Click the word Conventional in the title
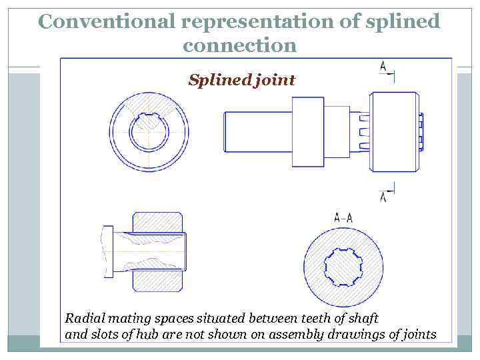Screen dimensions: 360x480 (107, 22)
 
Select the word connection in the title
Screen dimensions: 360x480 (239, 45)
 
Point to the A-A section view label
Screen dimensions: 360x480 (343, 217)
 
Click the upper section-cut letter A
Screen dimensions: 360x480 (383, 66)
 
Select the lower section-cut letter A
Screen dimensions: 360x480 (383, 197)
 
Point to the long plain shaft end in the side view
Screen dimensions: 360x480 (257, 131)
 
